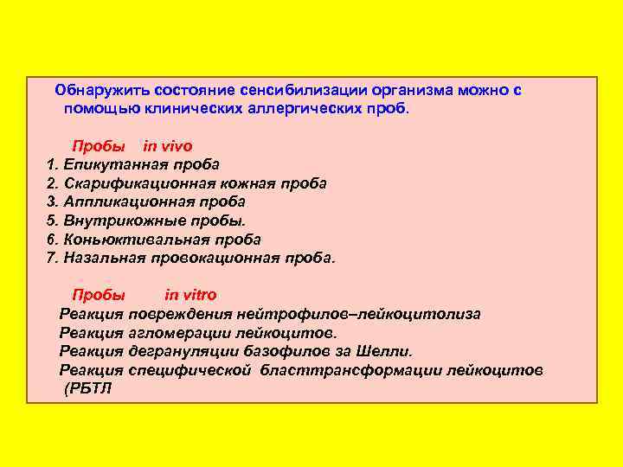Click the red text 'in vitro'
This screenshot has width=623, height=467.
click(x=190, y=295)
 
